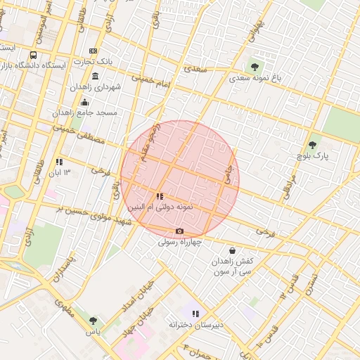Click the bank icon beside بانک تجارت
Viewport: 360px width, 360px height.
94,51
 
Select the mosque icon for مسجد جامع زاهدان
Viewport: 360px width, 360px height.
85,102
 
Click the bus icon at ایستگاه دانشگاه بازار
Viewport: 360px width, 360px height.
34,55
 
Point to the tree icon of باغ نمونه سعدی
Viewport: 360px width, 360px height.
255,67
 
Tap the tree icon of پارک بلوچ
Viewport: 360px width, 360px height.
312,145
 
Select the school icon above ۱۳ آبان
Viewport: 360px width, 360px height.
59,162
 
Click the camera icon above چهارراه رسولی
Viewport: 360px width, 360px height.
179,231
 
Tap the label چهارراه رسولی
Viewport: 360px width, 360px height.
179,242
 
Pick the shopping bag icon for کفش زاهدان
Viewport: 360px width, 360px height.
232,250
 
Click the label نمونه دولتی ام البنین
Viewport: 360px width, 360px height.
160,207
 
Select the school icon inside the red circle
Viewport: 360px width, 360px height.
160,197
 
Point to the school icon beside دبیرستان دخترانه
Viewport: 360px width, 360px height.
195,314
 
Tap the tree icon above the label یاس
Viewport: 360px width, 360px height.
93,320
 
